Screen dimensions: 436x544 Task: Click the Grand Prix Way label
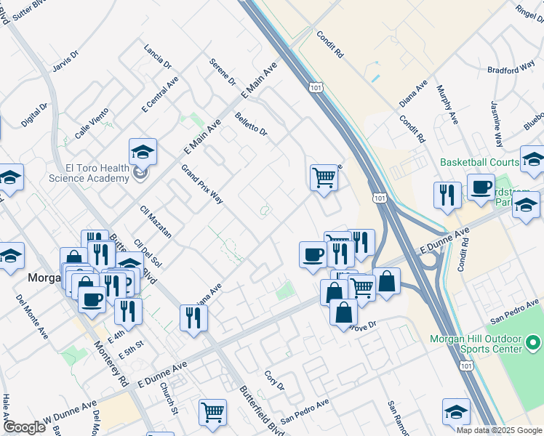pyautogui.click(x=202, y=185)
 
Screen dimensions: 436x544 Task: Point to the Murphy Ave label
pyautogui.click(x=447, y=104)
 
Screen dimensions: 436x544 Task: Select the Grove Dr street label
pyautogui.click(x=364, y=326)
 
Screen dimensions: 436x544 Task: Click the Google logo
pyautogui.click(x=24, y=427)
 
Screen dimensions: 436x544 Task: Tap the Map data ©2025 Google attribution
pyautogui.click(x=499, y=430)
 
